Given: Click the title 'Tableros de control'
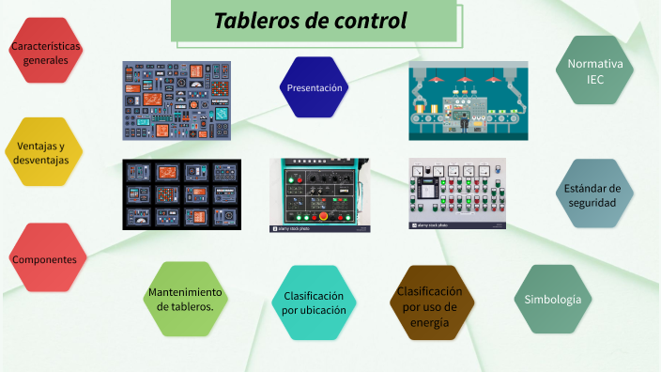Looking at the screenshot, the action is pyautogui.click(x=311, y=21).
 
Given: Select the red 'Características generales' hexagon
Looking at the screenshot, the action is pyautogui.click(x=45, y=52).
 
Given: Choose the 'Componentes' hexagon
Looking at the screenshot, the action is pyautogui.click(x=44, y=258).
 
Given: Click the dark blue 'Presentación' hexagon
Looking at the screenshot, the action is pyautogui.click(x=315, y=87).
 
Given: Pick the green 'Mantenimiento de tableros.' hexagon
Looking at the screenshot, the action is pyautogui.click(x=186, y=299).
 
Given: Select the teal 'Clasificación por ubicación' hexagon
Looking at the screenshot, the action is pyautogui.click(x=315, y=302).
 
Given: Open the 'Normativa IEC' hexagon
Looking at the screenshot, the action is pyautogui.click(x=595, y=70).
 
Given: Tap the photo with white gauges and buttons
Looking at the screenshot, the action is pyautogui.click(x=457, y=194).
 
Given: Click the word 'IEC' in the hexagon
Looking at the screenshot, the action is pyautogui.click(x=595, y=80).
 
